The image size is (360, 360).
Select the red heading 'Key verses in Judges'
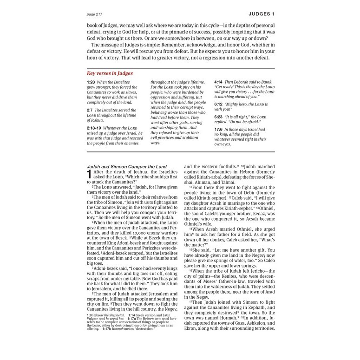110,73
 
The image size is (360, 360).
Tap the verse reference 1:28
90,82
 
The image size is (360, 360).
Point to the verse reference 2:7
90,110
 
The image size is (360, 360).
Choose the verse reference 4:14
218,82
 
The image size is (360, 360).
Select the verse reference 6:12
218,105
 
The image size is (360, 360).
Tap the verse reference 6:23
218,117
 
